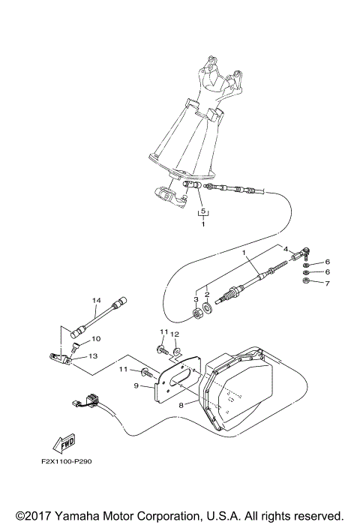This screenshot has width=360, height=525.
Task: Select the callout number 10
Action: [96, 339]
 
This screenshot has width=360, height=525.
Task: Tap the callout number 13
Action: [95, 356]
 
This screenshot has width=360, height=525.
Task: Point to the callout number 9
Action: [136, 386]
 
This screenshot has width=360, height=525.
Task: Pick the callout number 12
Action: [174, 334]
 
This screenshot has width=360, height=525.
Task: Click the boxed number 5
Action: [201, 212]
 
